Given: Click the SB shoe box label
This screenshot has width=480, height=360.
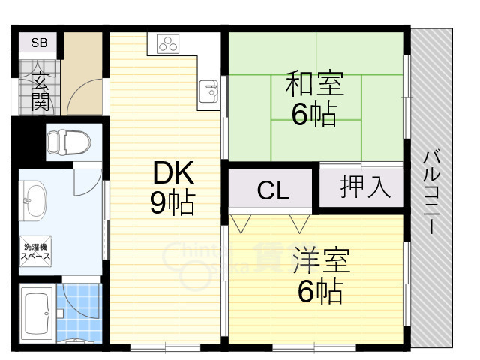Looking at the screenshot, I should tap(39, 43).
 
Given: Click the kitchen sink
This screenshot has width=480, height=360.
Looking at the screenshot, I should tap(208, 92).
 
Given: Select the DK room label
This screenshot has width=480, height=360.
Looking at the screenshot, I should tap(173, 175).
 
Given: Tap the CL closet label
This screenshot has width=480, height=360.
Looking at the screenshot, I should tap(273, 190).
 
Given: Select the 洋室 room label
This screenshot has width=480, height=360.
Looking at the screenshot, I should tap(320, 262).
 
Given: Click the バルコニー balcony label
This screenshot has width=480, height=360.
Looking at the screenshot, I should tap(431, 192).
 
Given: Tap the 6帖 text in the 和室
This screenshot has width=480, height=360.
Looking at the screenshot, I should tap(314, 115).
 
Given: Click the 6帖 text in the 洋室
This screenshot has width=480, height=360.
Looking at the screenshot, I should tap(320, 292).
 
